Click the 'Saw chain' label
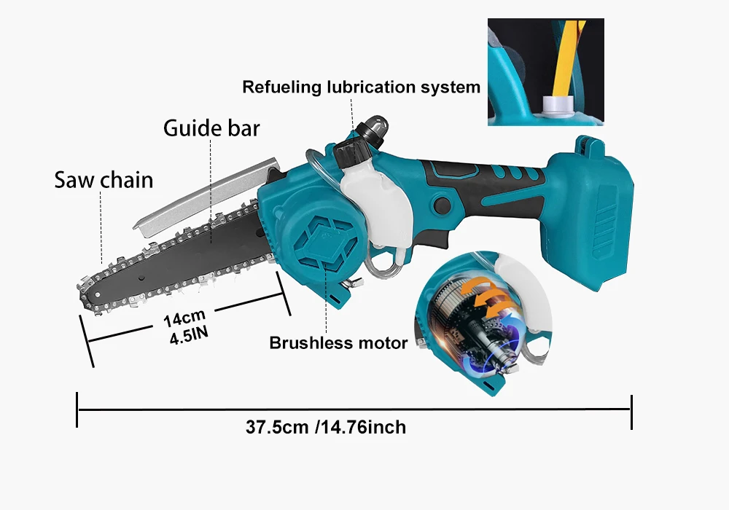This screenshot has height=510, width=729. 104,179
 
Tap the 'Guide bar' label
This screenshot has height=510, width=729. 211,128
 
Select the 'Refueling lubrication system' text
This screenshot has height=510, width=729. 361,87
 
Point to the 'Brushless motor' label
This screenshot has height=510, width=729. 338,342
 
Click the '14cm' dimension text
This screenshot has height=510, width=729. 184,319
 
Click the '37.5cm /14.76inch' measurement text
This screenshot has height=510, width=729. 325,427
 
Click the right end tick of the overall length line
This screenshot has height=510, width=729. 631,412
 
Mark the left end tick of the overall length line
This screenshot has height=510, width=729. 77,410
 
